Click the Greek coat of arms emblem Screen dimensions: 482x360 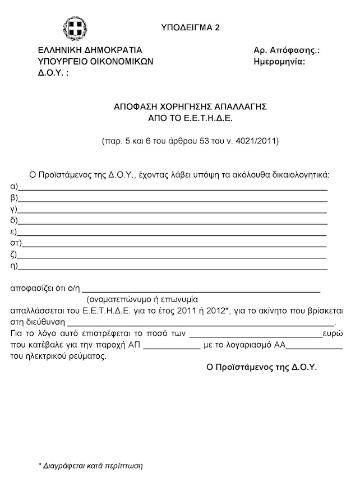pos(75,29)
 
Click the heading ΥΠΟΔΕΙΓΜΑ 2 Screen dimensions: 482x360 pos(191,27)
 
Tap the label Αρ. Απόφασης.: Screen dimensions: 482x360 pos(287,50)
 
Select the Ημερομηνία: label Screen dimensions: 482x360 pos(279,62)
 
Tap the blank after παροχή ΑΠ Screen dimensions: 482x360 pos(172,348)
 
